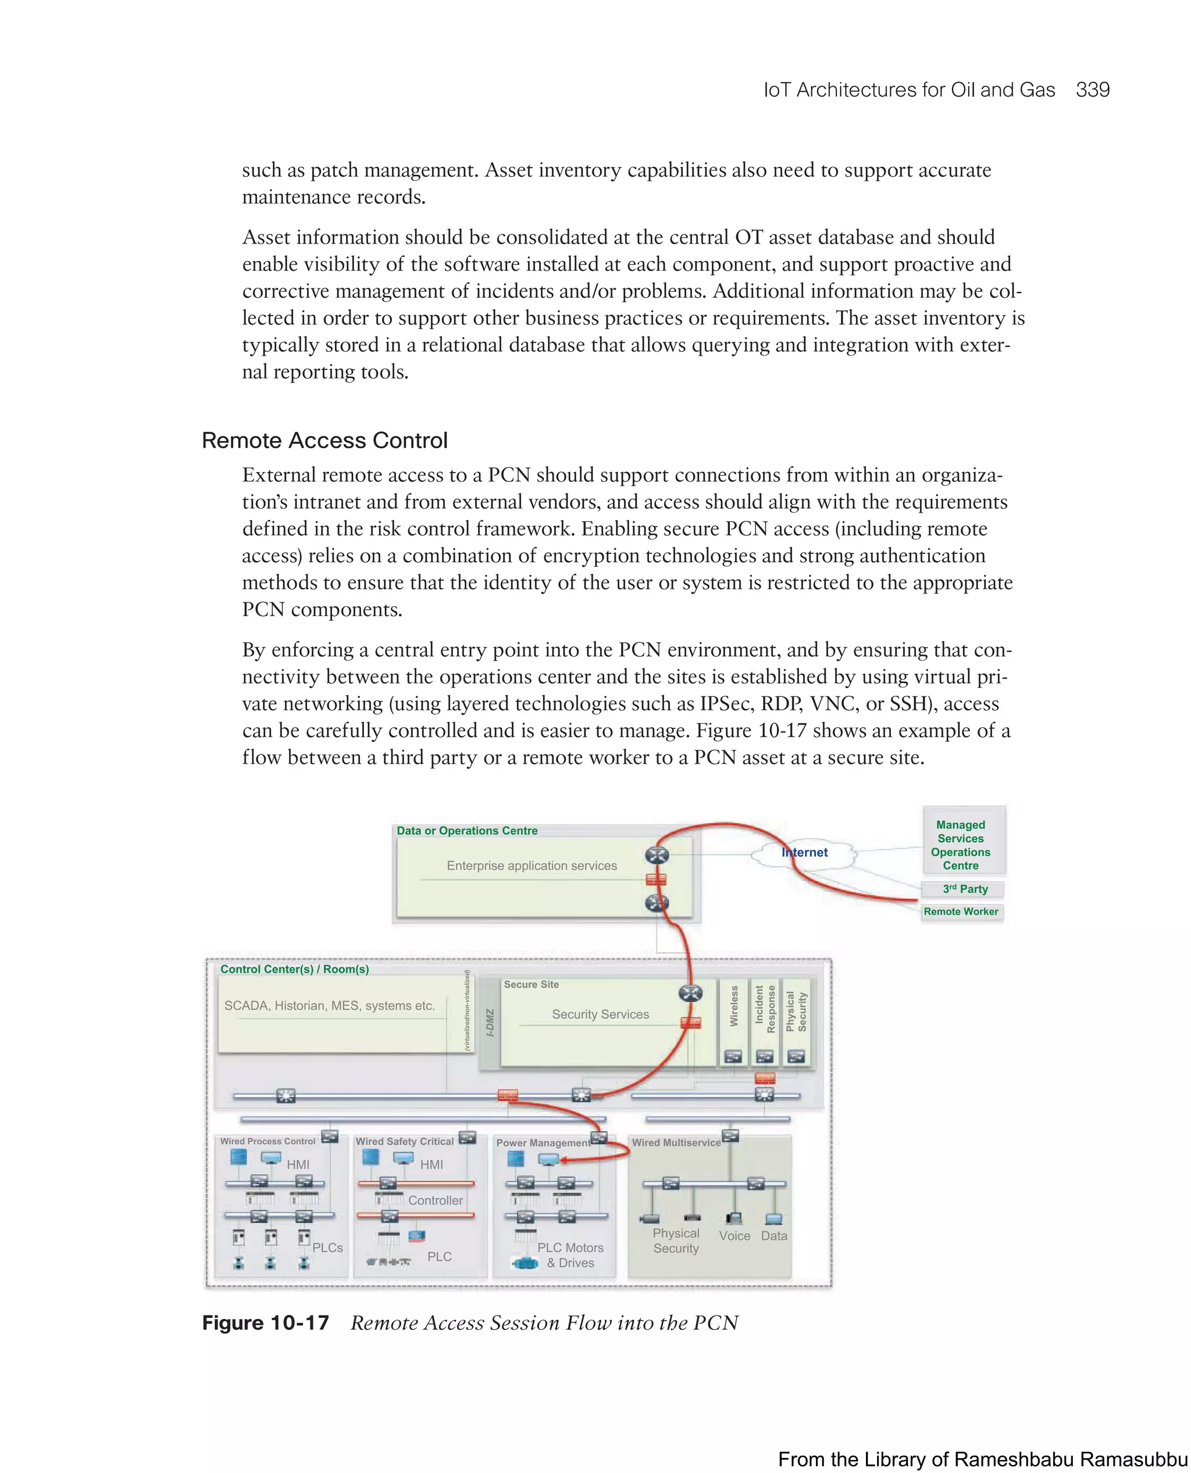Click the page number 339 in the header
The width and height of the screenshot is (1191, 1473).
tap(1092, 90)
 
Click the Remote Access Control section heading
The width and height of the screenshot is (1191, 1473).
tap(325, 440)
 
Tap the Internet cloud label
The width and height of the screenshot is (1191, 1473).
tap(805, 852)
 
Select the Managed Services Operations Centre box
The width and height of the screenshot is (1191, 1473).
tap(961, 845)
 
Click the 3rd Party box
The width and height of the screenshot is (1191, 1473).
tap(965, 889)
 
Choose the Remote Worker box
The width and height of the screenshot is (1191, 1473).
tap(961, 912)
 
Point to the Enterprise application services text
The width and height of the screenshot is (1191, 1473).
tap(532, 866)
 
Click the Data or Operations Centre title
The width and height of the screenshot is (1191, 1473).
tap(466, 831)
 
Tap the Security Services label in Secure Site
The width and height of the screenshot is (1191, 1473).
tap(600, 1014)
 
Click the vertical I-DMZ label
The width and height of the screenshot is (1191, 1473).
tap(490, 1022)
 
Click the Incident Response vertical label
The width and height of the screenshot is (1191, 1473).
tap(765, 1009)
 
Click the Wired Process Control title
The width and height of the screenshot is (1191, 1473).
tap(268, 1141)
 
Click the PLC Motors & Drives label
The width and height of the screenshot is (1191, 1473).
tap(570, 1255)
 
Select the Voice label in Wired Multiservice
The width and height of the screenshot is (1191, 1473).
tap(734, 1236)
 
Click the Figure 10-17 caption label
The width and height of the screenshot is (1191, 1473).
tap(266, 1323)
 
